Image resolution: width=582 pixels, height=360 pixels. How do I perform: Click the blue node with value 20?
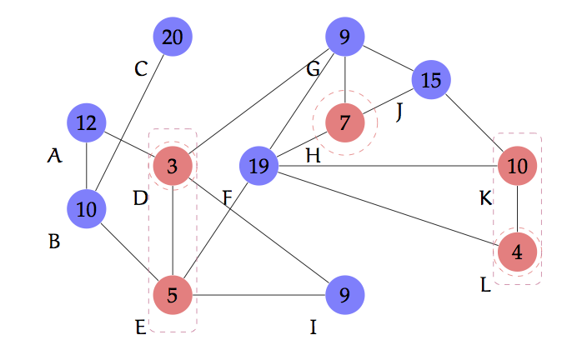(x=173, y=37)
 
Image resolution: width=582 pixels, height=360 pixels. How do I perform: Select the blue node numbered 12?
(x=86, y=123)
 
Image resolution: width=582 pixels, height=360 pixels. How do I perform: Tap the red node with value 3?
(x=173, y=167)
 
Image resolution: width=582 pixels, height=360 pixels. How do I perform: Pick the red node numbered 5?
(x=173, y=294)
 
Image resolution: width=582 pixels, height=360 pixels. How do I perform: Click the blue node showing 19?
(x=258, y=167)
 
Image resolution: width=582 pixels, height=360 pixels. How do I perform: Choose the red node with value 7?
(x=345, y=123)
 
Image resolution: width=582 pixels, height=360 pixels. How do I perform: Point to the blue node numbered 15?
(x=431, y=80)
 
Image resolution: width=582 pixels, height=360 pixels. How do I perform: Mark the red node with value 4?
(x=518, y=252)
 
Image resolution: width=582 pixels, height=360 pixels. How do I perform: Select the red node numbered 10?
(x=518, y=167)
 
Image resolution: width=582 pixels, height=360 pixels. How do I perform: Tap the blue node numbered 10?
(x=86, y=209)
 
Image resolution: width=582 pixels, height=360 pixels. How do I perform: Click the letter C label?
(x=141, y=69)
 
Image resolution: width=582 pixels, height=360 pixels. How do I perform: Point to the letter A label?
(x=54, y=155)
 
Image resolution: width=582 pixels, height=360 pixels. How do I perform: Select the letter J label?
(x=399, y=112)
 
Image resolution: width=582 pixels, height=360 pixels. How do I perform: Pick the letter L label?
(x=486, y=284)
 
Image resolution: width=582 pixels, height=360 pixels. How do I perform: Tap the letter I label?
(x=314, y=327)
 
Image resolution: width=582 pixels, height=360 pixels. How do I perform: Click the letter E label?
(x=141, y=327)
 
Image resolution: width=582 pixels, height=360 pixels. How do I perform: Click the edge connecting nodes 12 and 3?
(x=129, y=145)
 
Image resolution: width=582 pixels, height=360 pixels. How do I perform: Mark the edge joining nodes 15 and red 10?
(x=474, y=123)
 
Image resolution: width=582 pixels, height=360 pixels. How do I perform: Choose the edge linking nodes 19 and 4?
(x=388, y=209)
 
